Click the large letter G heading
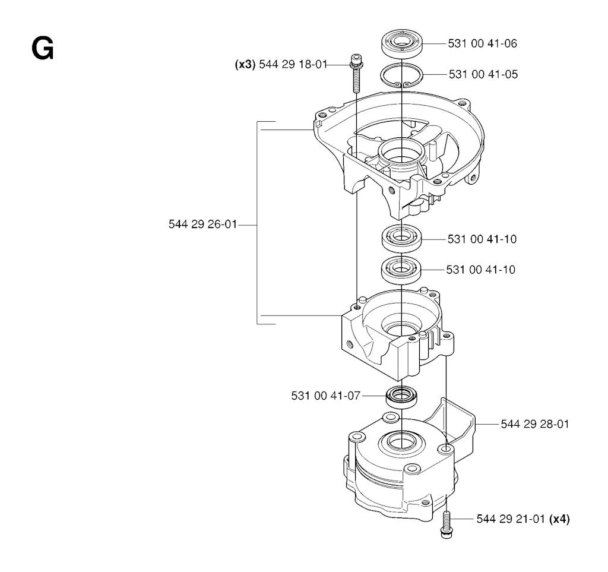point(42,49)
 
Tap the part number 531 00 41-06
point(482,43)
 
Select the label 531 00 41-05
point(483,74)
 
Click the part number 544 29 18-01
point(293,64)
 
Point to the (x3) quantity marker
point(245,64)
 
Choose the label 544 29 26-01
point(202,224)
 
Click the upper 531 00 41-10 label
point(482,239)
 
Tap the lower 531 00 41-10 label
point(481,270)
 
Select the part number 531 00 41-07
point(326,396)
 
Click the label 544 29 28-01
point(535,424)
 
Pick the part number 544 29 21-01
point(511,519)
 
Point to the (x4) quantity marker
point(559,519)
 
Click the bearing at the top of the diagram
point(402,43)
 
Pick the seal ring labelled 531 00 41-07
point(402,397)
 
